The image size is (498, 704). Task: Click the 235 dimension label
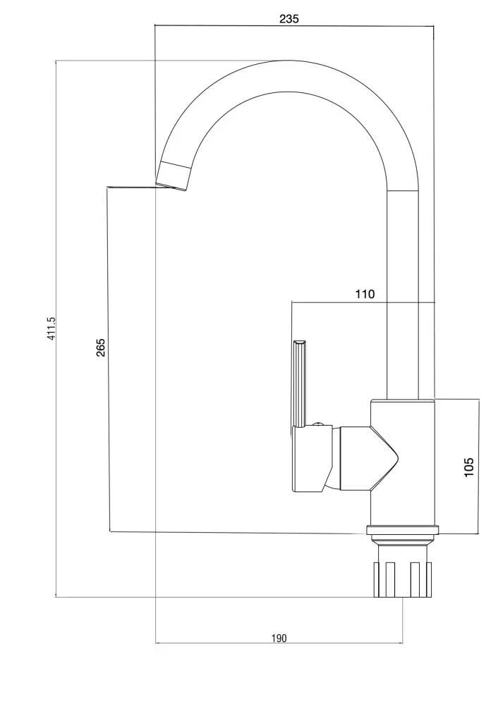[x=289, y=19]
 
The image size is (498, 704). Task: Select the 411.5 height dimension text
[x=51, y=328]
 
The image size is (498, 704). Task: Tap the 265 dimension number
[x=101, y=347]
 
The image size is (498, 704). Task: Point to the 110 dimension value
[x=365, y=294]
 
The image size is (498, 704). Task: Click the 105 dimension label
[x=468, y=467]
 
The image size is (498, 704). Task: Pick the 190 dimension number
[x=279, y=638]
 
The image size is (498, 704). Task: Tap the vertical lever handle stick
[x=300, y=383]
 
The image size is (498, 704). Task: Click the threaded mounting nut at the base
[x=403, y=580]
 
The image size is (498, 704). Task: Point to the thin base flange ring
[x=402, y=530]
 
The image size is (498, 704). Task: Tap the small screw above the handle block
[x=319, y=423]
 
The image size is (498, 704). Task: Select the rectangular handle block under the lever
[x=312, y=458]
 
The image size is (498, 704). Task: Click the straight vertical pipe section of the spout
[x=403, y=295]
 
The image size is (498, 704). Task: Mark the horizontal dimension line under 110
[x=363, y=302]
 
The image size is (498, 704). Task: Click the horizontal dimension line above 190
[x=279, y=643]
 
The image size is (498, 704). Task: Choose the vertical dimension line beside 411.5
[x=56, y=328]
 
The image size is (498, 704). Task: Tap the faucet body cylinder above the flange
[x=402, y=462]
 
